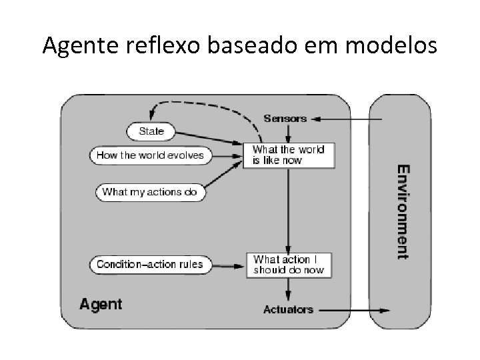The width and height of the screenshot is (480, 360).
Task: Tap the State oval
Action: click(151, 131)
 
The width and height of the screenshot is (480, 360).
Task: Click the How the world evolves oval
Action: click(150, 155)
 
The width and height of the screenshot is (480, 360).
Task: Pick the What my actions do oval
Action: click(151, 192)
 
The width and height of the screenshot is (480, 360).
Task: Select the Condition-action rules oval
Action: click(149, 264)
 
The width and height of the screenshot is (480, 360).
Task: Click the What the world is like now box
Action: click(288, 155)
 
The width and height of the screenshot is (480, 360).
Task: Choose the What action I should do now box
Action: click(288, 265)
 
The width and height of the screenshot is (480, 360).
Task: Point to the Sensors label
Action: click(285, 119)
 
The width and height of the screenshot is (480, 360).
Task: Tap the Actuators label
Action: click(288, 309)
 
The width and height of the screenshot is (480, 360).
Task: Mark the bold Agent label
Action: click(101, 305)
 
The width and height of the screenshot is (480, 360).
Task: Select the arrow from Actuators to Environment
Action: click(353, 310)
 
